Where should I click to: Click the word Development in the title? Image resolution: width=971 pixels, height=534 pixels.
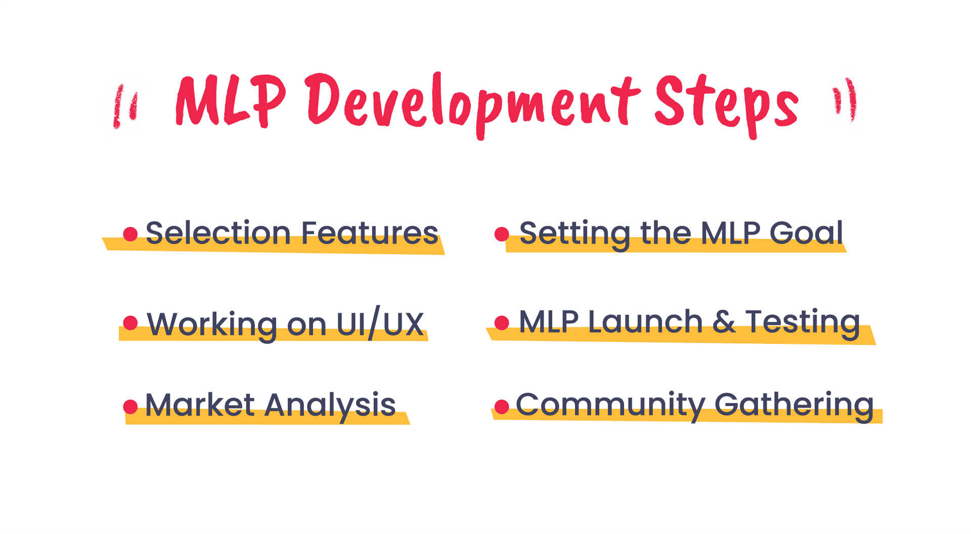[473, 105]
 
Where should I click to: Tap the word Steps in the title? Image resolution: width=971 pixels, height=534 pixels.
[727, 106]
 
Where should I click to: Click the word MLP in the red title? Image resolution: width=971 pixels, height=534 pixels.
[231, 101]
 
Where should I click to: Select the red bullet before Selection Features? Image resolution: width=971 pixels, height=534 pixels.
[130, 234]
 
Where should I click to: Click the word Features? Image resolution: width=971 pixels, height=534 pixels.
[370, 233]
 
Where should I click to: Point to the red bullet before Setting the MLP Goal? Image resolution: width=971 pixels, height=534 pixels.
[502, 234]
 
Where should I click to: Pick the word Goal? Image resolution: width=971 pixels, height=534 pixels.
[806, 233]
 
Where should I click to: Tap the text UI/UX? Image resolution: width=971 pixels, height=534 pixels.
[380, 323]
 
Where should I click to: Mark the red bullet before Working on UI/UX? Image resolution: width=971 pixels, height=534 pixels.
[130, 323]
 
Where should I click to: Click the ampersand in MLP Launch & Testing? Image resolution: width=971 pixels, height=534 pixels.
[724, 322]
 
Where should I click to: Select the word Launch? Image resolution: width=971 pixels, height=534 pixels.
[645, 321]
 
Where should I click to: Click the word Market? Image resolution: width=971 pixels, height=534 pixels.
[200, 405]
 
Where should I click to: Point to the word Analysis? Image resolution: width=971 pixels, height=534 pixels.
[330, 407]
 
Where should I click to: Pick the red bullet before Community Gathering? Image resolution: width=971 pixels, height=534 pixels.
[502, 407]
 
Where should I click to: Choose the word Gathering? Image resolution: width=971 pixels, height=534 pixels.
[794, 406]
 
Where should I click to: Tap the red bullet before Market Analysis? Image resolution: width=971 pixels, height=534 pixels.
[130, 407]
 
